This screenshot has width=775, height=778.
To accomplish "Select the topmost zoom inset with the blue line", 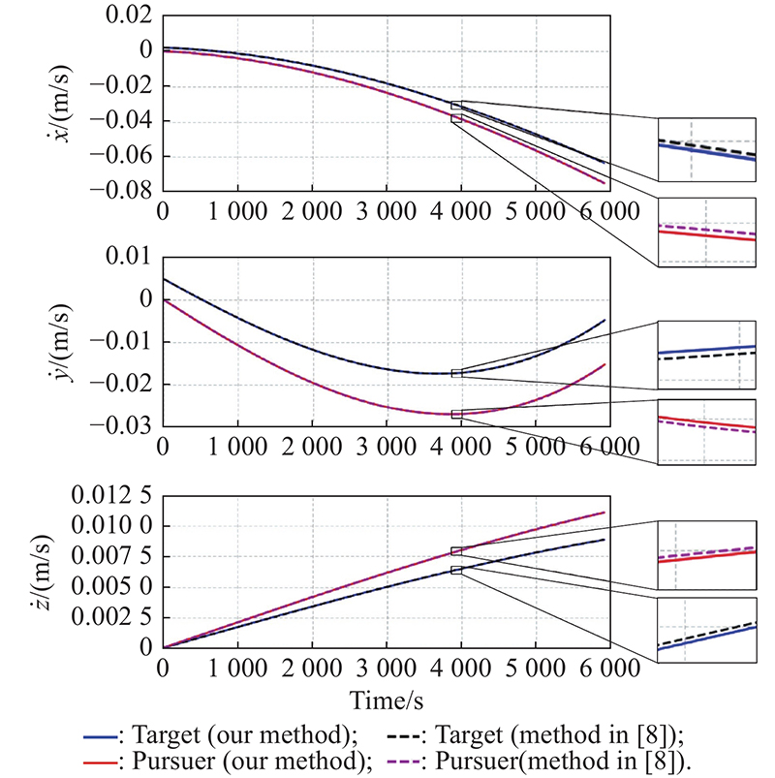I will tap(706, 149).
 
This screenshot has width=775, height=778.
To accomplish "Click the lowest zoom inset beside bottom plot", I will tap(706, 631).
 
